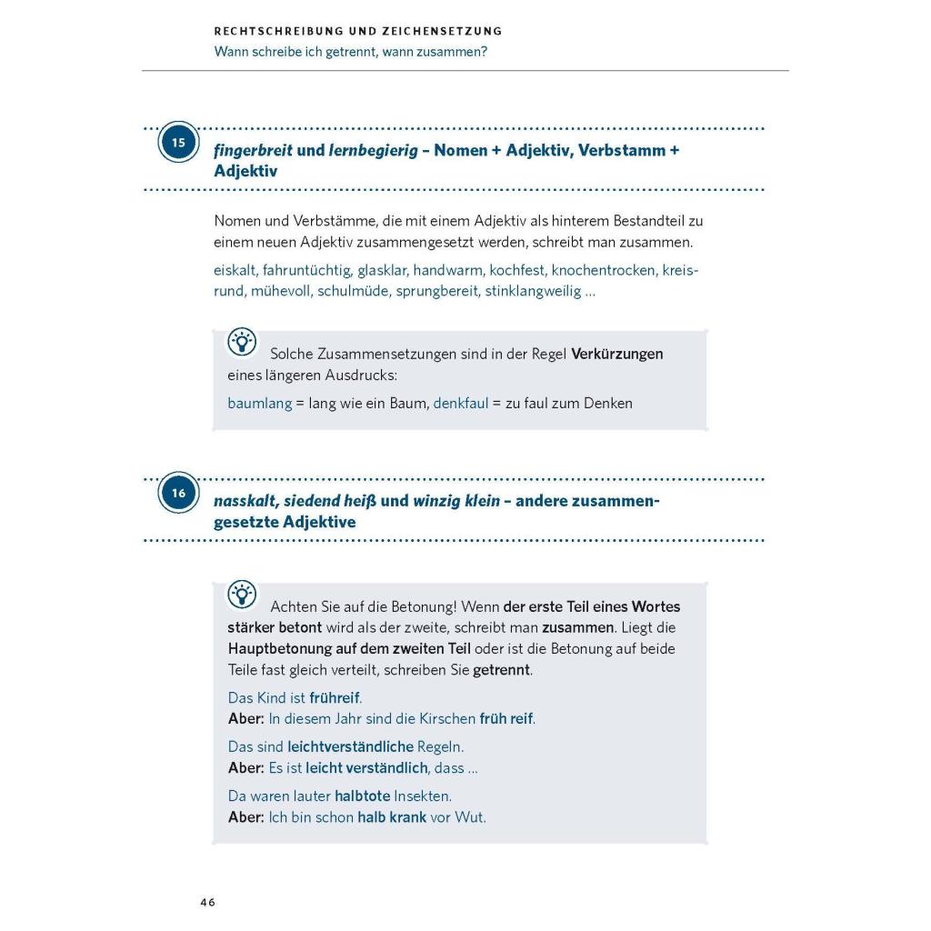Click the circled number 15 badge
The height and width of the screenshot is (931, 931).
point(178,143)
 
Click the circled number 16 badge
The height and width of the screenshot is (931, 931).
point(178,493)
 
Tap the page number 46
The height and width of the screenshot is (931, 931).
point(208,902)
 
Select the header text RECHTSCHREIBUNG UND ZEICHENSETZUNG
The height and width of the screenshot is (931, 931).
point(358,31)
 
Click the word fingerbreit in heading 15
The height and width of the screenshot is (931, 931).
point(253,150)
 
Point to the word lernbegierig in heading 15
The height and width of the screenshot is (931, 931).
point(373,150)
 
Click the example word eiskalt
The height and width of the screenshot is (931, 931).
point(235,270)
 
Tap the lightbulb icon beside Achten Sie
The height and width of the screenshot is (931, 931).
point(242,595)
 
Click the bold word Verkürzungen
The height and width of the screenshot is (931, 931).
point(616,354)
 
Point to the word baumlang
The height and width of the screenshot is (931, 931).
point(259,403)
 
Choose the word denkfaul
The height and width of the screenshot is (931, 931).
point(460,403)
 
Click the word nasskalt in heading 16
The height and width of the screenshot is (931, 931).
point(246,501)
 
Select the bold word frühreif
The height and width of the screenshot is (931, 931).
point(335,697)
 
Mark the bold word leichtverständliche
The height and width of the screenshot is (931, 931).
point(350,746)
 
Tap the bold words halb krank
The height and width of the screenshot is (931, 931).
point(392,816)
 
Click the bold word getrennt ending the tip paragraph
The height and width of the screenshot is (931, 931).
point(502,670)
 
